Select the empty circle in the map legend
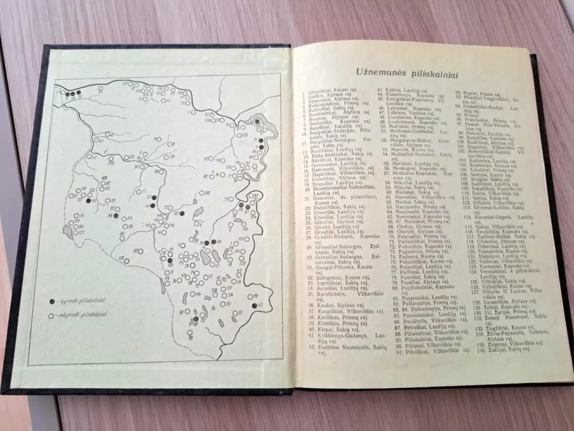(x=51, y=316)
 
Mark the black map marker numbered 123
(x=182, y=214)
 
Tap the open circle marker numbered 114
(x=193, y=295)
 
